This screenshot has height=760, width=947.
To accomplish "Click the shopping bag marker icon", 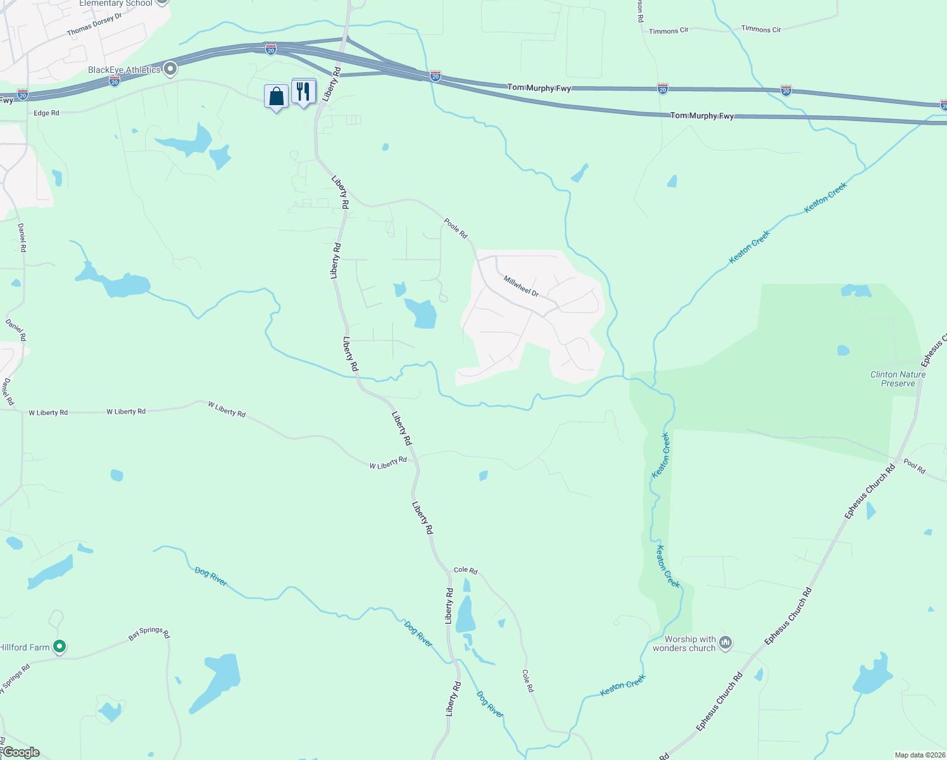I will [x=277, y=97].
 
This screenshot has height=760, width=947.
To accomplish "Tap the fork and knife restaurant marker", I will [x=304, y=92].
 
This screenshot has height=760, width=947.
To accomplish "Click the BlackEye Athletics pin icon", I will [x=170, y=69].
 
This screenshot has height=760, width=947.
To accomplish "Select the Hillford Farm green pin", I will [x=60, y=647].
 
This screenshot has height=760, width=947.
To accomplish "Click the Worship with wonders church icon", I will [x=725, y=643].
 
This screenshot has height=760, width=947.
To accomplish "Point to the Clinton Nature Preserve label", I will [x=898, y=379].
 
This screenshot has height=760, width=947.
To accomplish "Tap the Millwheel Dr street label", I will [x=521, y=286].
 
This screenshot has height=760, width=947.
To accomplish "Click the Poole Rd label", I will [x=456, y=228].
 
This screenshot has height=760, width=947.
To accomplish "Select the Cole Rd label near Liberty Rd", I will [x=465, y=570].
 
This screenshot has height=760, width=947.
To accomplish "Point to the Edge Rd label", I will [x=46, y=113].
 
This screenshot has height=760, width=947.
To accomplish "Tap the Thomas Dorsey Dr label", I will [x=94, y=25].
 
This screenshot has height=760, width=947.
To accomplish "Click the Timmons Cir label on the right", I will [x=761, y=29].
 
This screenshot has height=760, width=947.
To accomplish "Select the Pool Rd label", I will [x=914, y=466].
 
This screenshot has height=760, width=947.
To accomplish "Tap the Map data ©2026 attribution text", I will [x=919, y=755].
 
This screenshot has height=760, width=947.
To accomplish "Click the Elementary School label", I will [x=116, y=4].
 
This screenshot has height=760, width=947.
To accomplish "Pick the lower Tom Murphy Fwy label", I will [x=702, y=116].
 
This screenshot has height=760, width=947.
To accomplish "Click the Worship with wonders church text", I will [x=684, y=643].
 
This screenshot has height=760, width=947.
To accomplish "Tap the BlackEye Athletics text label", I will [x=124, y=70].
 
